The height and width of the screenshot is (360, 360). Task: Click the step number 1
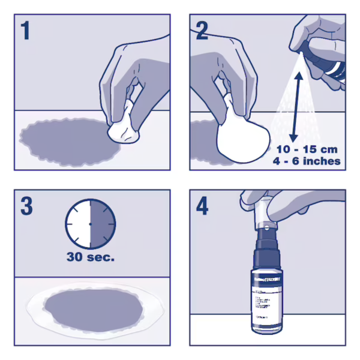[x=25, y=31]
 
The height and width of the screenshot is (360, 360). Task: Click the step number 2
[x=202, y=31]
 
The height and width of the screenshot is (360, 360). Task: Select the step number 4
[x=203, y=206]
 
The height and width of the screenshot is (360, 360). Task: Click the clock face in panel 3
[x=90, y=223]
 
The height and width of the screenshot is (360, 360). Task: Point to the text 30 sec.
[x=91, y=259]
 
